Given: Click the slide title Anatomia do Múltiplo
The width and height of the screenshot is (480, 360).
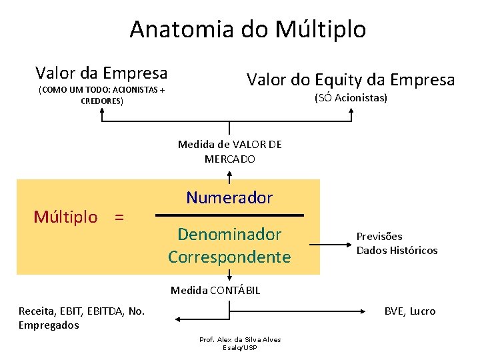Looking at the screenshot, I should click(x=247, y=29).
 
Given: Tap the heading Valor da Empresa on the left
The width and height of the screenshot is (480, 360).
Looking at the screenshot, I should click(x=101, y=72).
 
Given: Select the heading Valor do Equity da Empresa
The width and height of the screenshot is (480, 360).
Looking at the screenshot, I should click(x=351, y=80).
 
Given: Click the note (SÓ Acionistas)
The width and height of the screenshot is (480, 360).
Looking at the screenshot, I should click(x=351, y=98).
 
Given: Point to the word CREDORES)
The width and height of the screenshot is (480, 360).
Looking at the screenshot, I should click(x=101, y=101).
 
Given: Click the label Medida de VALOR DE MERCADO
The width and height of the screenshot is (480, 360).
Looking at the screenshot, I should click(x=229, y=151).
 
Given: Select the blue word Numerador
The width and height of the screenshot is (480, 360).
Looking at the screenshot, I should click(x=229, y=197).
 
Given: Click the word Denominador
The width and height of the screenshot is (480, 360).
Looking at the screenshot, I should click(x=229, y=234).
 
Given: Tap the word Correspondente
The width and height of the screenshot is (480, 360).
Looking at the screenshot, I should click(x=229, y=257).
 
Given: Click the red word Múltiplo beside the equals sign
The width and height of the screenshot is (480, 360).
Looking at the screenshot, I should click(x=65, y=217).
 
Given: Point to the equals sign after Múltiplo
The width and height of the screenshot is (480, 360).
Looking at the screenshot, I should click(x=119, y=217).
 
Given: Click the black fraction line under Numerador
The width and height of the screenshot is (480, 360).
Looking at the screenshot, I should click(x=229, y=215).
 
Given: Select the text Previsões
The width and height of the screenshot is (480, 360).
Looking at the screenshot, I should click(x=379, y=237).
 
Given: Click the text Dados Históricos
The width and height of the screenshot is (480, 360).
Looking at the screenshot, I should click(x=397, y=251).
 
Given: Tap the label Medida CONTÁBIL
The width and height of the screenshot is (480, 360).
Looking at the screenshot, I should click(x=215, y=290).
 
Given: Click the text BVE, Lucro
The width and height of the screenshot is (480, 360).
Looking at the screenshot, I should click(x=409, y=311).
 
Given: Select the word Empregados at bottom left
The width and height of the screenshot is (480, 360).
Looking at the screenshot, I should click(x=49, y=325).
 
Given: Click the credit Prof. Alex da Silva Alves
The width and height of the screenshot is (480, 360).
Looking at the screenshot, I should click(x=240, y=339).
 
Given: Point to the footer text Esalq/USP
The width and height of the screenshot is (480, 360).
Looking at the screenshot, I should click(x=240, y=348).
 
